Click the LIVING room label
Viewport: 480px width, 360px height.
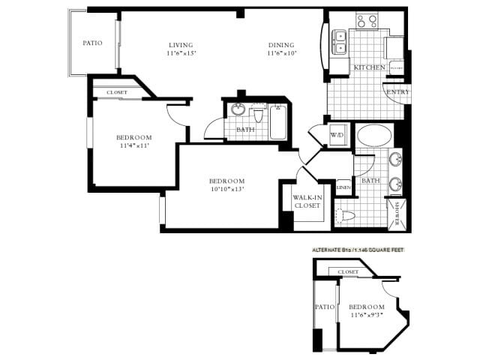coord(181,44)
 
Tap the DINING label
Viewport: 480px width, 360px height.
coord(281,44)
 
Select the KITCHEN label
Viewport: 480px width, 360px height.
coord(369,67)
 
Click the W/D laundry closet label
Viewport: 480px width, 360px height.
coord(337,135)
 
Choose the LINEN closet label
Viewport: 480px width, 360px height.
coord(344,187)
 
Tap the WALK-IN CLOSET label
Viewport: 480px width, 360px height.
coord(307,201)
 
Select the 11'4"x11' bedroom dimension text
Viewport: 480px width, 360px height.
coord(133,146)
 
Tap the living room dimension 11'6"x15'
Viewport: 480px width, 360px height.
coord(181,54)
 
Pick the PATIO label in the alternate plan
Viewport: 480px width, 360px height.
coord(324,307)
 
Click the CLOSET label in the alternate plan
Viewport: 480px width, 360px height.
coord(348,272)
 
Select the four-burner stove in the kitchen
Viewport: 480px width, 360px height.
coord(366,21)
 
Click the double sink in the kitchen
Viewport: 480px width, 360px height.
coord(340,41)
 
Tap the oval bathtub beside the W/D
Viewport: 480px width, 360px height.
coord(373,137)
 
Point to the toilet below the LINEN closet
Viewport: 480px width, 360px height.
coord(346,216)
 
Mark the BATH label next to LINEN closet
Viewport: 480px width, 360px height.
coord(370,181)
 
